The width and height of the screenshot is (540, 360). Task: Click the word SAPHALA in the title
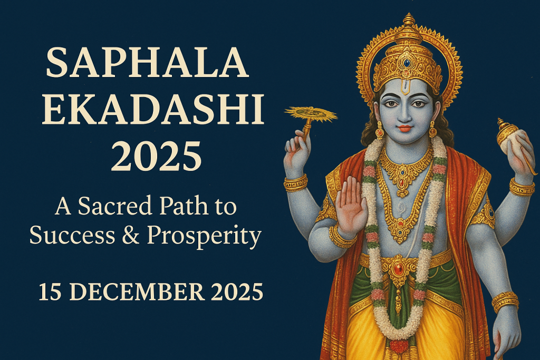click(147, 63)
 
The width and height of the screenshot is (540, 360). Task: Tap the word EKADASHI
click(153, 110)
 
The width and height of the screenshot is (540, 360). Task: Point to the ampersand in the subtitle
click(131, 236)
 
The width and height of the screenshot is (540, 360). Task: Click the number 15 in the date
click(50, 292)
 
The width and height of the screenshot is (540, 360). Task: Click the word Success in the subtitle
click(72, 236)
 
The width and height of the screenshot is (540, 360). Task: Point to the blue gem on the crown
click(408, 63)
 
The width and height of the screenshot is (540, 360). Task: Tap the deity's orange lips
click(406, 128)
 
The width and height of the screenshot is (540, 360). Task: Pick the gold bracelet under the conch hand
click(522, 188)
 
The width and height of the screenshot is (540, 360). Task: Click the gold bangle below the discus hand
click(295, 183)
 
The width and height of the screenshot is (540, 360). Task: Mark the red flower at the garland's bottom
click(399, 346)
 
